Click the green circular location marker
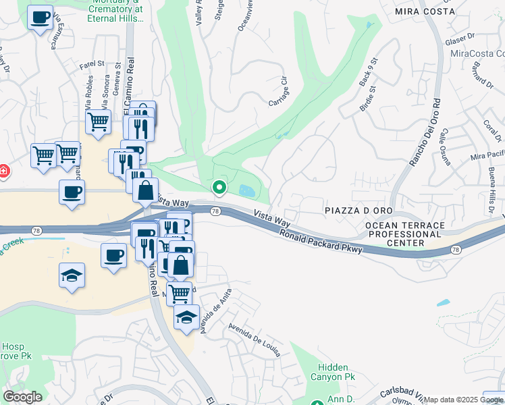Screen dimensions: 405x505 point(219,187)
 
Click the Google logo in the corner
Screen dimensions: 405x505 point(22,396)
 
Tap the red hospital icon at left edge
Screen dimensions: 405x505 point(3,171)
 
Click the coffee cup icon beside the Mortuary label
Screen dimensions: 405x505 point(41,16)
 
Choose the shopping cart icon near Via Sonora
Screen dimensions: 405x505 point(98,122)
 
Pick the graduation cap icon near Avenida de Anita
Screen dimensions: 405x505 point(186,318)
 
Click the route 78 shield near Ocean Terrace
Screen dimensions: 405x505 point(457,250)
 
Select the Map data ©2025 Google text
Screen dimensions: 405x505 point(463,400)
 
